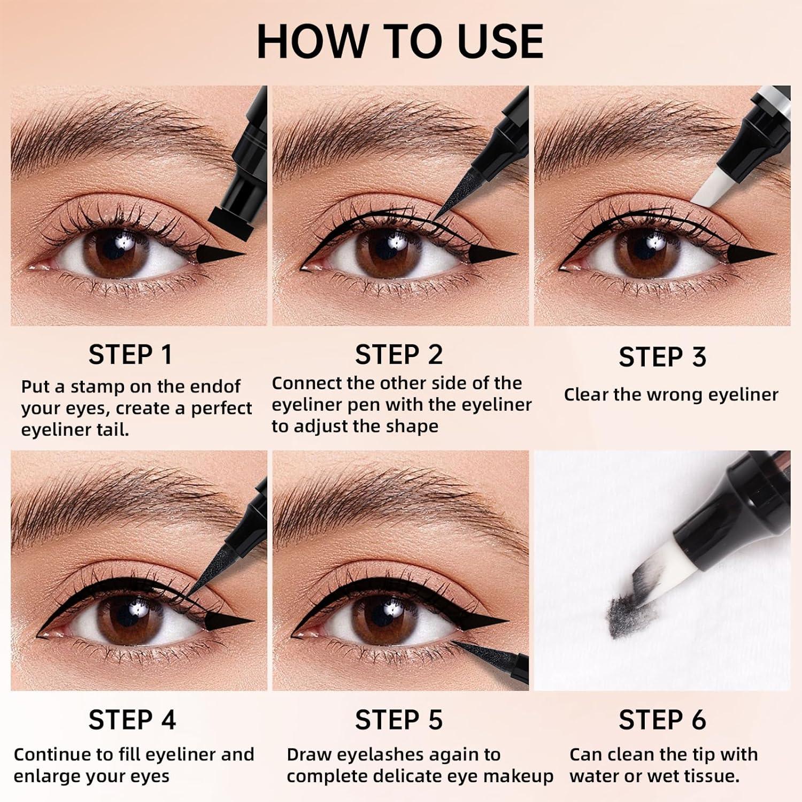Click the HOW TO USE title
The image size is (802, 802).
point(400,41)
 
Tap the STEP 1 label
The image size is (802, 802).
point(130,354)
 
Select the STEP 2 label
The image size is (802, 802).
point(399,354)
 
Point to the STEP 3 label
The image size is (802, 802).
point(662,357)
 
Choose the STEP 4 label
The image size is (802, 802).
point(132,720)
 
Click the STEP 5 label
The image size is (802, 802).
point(399,720)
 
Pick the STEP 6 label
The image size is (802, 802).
point(662,720)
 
